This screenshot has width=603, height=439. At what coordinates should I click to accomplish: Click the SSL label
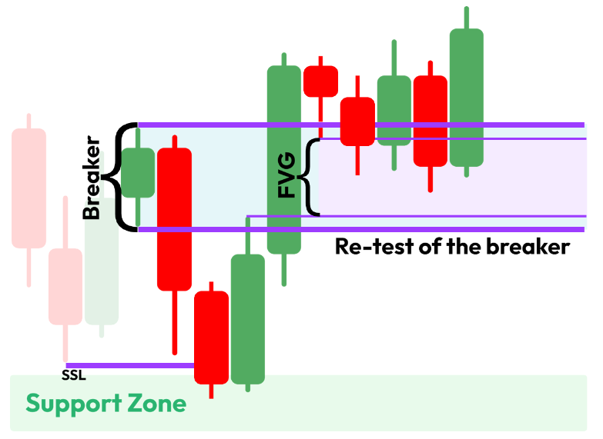click(x=74, y=376)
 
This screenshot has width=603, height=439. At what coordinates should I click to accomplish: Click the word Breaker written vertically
click(x=92, y=178)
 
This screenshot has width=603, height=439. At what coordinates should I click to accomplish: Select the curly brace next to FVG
click(x=310, y=177)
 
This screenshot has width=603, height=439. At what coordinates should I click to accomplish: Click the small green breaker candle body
click(x=139, y=171)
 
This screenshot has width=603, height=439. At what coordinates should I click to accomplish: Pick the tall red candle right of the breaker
click(x=174, y=219)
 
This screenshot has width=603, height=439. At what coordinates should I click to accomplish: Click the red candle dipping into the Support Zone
click(x=211, y=337)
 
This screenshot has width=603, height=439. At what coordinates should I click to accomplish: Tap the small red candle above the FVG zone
click(x=320, y=81)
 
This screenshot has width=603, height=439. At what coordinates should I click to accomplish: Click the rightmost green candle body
click(x=467, y=98)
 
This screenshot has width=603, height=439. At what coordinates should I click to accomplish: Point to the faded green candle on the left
click(x=102, y=261)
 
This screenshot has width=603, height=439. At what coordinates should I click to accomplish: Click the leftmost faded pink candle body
click(x=29, y=188)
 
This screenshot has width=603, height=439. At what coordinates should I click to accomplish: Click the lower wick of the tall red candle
click(x=174, y=315)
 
